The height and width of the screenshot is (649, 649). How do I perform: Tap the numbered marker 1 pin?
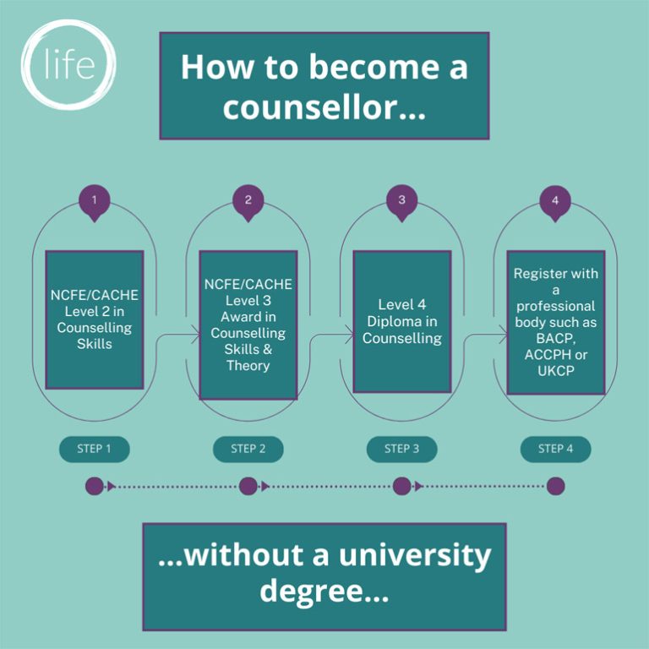pos(95,202)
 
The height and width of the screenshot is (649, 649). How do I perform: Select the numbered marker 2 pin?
pos(248,202)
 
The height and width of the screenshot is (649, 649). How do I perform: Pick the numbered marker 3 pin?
pos(401,202)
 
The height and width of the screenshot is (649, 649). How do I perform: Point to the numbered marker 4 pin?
pos(555,202)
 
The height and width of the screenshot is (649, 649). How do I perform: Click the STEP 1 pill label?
pos(95,449)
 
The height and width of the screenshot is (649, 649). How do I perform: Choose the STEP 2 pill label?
pos(248,449)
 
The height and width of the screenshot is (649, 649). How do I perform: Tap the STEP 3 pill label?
pos(401,449)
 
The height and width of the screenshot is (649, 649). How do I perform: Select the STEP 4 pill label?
pos(555,449)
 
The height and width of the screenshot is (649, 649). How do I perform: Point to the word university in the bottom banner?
pos(415,556)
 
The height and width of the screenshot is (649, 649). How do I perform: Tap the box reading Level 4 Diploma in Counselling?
pos(402,321)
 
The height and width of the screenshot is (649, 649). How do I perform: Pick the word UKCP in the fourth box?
pos(555,370)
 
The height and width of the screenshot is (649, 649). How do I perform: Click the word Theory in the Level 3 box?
pos(248,366)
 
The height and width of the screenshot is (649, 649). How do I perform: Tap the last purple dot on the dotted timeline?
pos(555,486)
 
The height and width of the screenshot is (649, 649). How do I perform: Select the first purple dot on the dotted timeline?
pos(95,486)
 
